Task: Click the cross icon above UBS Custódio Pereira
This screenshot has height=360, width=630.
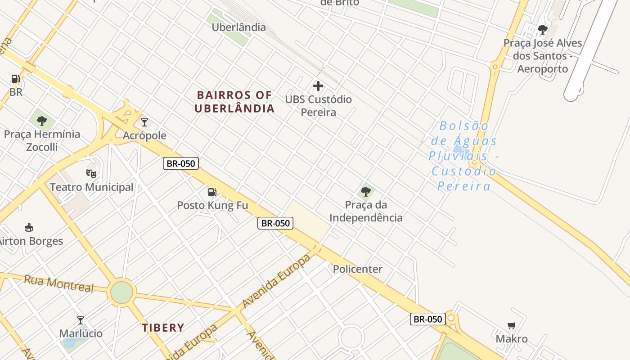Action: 318,85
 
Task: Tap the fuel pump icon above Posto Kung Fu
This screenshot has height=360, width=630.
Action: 212,192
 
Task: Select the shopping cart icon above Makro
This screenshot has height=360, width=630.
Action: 511,325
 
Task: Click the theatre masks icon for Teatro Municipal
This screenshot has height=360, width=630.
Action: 91,173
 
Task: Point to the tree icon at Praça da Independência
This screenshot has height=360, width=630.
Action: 366,192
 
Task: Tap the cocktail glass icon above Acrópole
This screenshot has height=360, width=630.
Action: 144,122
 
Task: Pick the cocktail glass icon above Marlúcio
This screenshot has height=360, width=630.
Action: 81,320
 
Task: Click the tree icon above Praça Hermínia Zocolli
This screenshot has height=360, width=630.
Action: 42,121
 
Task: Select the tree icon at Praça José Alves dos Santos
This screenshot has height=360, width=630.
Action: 543,30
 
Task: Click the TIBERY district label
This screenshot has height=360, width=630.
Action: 163,328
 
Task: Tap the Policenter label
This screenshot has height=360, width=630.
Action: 358,269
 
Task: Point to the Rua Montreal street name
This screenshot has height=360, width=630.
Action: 58,283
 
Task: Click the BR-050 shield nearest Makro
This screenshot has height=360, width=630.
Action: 427,319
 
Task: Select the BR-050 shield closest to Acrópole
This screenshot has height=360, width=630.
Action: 181,163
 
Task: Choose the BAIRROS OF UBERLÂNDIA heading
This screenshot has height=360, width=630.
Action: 235,102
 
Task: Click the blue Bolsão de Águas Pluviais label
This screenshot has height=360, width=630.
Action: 463,156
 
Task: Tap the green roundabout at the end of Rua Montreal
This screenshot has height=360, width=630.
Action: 122,292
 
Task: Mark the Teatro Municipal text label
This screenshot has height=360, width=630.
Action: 92,187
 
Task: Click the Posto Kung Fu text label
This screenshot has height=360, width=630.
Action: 212,206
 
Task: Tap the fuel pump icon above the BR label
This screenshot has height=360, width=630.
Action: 16,79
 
